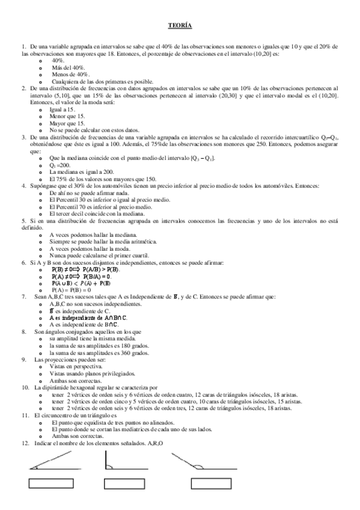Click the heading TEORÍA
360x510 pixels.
[180, 25]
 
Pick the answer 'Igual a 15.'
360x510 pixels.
[63, 109]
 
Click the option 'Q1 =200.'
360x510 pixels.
[61, 165]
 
